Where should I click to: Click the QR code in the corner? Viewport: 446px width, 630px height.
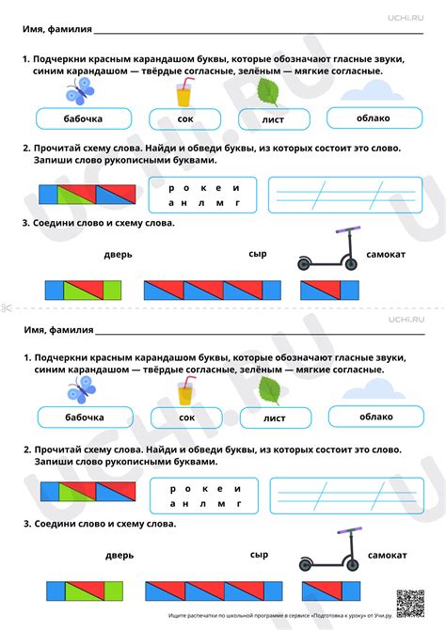[410, 604]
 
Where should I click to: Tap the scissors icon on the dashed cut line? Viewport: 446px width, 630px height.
[7, 307]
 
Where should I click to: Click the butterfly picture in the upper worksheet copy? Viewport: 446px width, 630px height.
[80, 91]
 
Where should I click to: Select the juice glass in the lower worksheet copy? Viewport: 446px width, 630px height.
[186, 390]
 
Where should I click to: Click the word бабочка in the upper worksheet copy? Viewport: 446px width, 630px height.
[83, 118]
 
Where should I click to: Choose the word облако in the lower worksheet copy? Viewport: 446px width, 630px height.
[376, 417]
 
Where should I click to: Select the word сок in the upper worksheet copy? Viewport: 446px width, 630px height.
[185, 119]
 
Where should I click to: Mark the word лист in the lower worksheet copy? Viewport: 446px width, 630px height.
[274, 418]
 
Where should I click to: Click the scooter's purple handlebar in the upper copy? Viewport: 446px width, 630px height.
[348, 230]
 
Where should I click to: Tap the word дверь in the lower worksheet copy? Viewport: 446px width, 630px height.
[119, 556]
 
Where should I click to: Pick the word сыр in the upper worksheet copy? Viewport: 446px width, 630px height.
[258, 254]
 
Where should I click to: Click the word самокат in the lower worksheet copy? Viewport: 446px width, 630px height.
[387, 556]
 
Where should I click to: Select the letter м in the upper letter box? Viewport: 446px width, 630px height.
[219, 203]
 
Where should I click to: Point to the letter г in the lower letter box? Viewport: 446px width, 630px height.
[239, 503]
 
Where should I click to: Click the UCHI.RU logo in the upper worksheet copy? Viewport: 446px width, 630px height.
[406, 18]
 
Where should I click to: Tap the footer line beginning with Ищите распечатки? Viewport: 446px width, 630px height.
[280, 616]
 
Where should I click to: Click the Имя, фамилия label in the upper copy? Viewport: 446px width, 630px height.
[57, 29]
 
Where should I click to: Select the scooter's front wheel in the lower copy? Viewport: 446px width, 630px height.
[352, 565]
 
